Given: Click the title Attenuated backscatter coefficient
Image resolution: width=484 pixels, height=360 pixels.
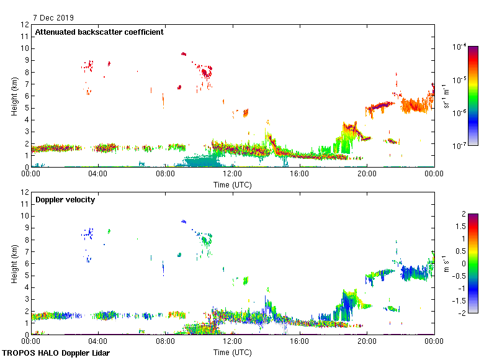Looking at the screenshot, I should click(99, 32).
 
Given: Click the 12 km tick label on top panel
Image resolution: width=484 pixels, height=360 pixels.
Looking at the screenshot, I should click(25, 25).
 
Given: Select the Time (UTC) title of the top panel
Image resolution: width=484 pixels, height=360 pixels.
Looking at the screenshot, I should click(232, 184).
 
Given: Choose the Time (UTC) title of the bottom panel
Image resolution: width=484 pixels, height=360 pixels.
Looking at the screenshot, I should click(232, 352).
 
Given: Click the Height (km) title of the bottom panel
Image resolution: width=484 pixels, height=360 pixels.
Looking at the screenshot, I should click(14, 263).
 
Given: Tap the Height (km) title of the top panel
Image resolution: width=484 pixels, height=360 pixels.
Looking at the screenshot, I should click(14, 96).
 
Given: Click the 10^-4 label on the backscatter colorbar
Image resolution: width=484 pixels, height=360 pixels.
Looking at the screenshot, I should click(460, 47).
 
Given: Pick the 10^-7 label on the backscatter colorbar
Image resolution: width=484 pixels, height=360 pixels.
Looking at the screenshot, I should click(460, 146).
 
